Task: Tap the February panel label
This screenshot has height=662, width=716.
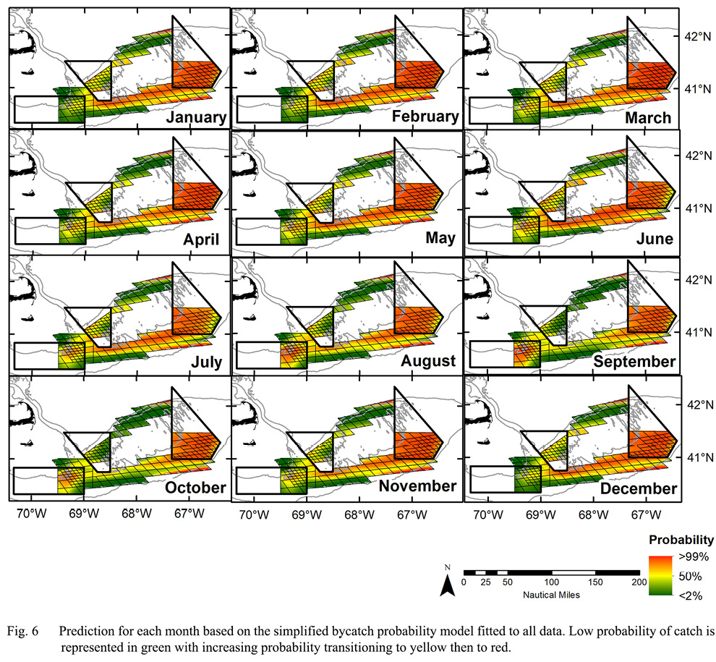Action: point(425,117)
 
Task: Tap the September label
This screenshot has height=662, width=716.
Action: point(634,360)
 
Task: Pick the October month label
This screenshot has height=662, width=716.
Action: point(195,488)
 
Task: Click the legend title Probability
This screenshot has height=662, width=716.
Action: point(681,540)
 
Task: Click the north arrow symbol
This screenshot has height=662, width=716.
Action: point(448,582)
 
